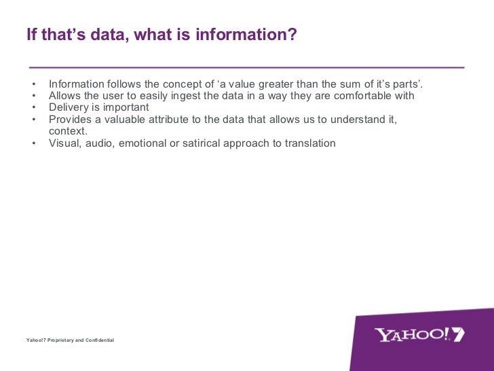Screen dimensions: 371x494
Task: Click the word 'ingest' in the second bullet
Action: click(191, 96)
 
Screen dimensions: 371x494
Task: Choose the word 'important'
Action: click(126, 107)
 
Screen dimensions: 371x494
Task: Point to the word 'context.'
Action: click(69, 131)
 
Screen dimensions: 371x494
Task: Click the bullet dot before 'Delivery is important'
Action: click(33, 107)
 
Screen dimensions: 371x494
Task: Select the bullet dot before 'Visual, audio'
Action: click(33, 143)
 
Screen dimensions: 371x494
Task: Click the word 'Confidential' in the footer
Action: click(98, 339)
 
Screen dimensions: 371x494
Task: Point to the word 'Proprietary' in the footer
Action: click(62, 339)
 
